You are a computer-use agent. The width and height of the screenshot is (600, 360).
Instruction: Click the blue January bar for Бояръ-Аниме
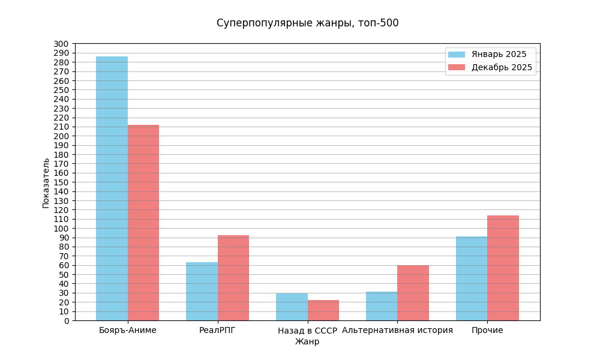point(112,188)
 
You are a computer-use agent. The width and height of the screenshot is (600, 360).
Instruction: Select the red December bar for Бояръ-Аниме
point(143,223)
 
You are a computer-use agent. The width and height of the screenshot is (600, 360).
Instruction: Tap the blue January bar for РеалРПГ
point(202,292)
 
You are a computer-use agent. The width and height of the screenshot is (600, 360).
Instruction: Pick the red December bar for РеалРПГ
point(233,278)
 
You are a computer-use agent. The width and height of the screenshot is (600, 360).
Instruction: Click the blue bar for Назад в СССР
point(292,307)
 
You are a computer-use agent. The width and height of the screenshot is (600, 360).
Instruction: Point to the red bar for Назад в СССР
point(323,310)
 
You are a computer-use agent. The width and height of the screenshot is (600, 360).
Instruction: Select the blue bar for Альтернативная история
point(382,306)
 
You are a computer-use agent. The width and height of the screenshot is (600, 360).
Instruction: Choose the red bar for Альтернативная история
point(413,293)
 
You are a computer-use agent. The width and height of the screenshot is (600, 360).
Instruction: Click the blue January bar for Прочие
point(472,278)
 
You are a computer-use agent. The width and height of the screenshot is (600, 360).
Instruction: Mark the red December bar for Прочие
point(503,268)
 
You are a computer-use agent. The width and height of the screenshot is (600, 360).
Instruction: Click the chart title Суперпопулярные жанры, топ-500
point(307,23)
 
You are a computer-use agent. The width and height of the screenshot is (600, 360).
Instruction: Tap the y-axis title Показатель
point(46,183)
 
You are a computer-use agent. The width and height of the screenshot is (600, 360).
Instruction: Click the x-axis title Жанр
point(307,342)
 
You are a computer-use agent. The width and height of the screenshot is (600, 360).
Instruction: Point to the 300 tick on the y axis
point(61,44)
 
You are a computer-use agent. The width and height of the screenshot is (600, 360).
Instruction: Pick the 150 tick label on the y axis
point(61,182)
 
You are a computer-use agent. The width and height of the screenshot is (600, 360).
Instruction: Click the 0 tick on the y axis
point(67,320)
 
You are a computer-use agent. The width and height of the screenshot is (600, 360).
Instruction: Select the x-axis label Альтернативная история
point(397,331)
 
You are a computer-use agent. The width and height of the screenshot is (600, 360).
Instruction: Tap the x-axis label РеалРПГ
point(217,331)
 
